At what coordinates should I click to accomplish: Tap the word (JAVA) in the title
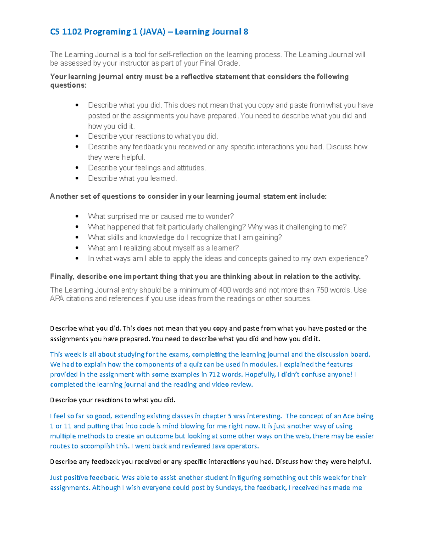coord(152,32)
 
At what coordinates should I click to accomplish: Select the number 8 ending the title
coord(246,32)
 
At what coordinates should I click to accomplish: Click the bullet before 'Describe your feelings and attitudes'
coord(77,168)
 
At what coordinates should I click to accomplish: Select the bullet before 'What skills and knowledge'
coord(77,237)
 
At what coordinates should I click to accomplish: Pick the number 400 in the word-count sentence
coord(225,290)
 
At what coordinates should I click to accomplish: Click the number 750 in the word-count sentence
coord(322,290)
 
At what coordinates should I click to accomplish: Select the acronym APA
coord(57,299)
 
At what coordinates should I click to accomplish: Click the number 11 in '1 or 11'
coord(68,426)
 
